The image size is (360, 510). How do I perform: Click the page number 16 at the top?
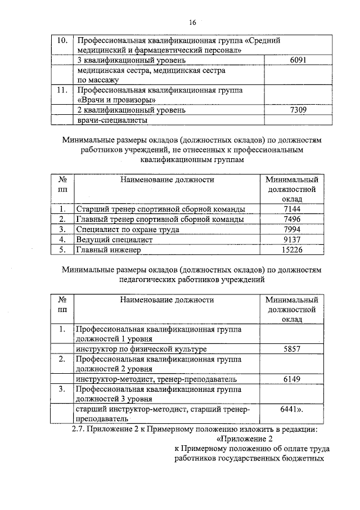pos(192,23)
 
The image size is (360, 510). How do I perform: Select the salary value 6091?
pos(295,60)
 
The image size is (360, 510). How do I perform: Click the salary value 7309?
pos(295,110)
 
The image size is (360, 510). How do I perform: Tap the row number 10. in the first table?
pos(63,41)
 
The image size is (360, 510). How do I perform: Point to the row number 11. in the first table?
pos(63,90)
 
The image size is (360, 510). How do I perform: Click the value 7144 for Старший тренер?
pos(292,209)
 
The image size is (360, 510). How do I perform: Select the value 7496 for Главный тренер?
pos(292,220)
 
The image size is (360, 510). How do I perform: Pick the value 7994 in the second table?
pos(292,230)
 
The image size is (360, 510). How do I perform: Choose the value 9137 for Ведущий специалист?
pos(292,239)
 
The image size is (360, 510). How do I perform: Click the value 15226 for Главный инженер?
pos(292,249)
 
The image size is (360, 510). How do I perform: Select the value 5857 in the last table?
pos(292,349)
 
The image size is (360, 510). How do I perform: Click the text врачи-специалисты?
pos(112,120)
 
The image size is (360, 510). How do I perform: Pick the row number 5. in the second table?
pos(63,249)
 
